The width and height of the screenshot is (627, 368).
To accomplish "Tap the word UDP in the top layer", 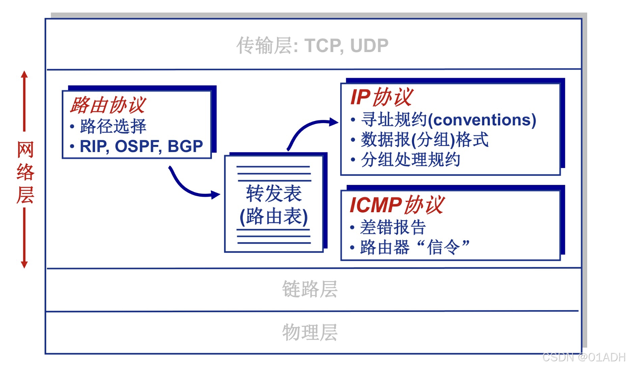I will pyautogui.click(x=369, y=46).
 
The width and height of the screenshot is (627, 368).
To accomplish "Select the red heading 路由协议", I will pyautogui.click(x=108, y=105).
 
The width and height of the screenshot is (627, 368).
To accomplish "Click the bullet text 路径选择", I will pyautogui.click(x=113, y=126).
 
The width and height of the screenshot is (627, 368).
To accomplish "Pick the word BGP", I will pyautogui.click(x=185, y=146).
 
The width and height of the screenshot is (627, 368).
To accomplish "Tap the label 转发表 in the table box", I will pyautogui.click(x=274, y=193).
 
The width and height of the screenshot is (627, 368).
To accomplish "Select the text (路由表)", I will pyautogui.click(x=274, y=216).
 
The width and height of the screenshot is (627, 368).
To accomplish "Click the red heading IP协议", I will pyautogui.click(x=381, y=97).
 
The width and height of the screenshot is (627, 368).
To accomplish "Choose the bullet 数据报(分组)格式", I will pyautogui.click(x=425, y=140).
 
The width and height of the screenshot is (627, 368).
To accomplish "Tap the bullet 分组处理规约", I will pyautogui.click(x=410, y=160).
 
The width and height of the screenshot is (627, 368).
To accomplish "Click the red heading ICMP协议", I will pyautogui.click(x=397, y=205).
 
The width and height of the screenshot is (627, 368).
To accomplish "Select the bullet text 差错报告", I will pyautogui.click(x=393, y=227).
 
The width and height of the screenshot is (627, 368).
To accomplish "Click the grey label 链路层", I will pyautogui.click(x=310, y=289).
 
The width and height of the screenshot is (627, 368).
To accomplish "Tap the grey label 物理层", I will pyautogui.click(x=310, y=332).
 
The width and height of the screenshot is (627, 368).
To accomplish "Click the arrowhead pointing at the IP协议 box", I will pyautogui.click(x=334, y=122).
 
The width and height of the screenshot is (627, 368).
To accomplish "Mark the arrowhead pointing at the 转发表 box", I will pyautogui.click(x=216, y=195).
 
